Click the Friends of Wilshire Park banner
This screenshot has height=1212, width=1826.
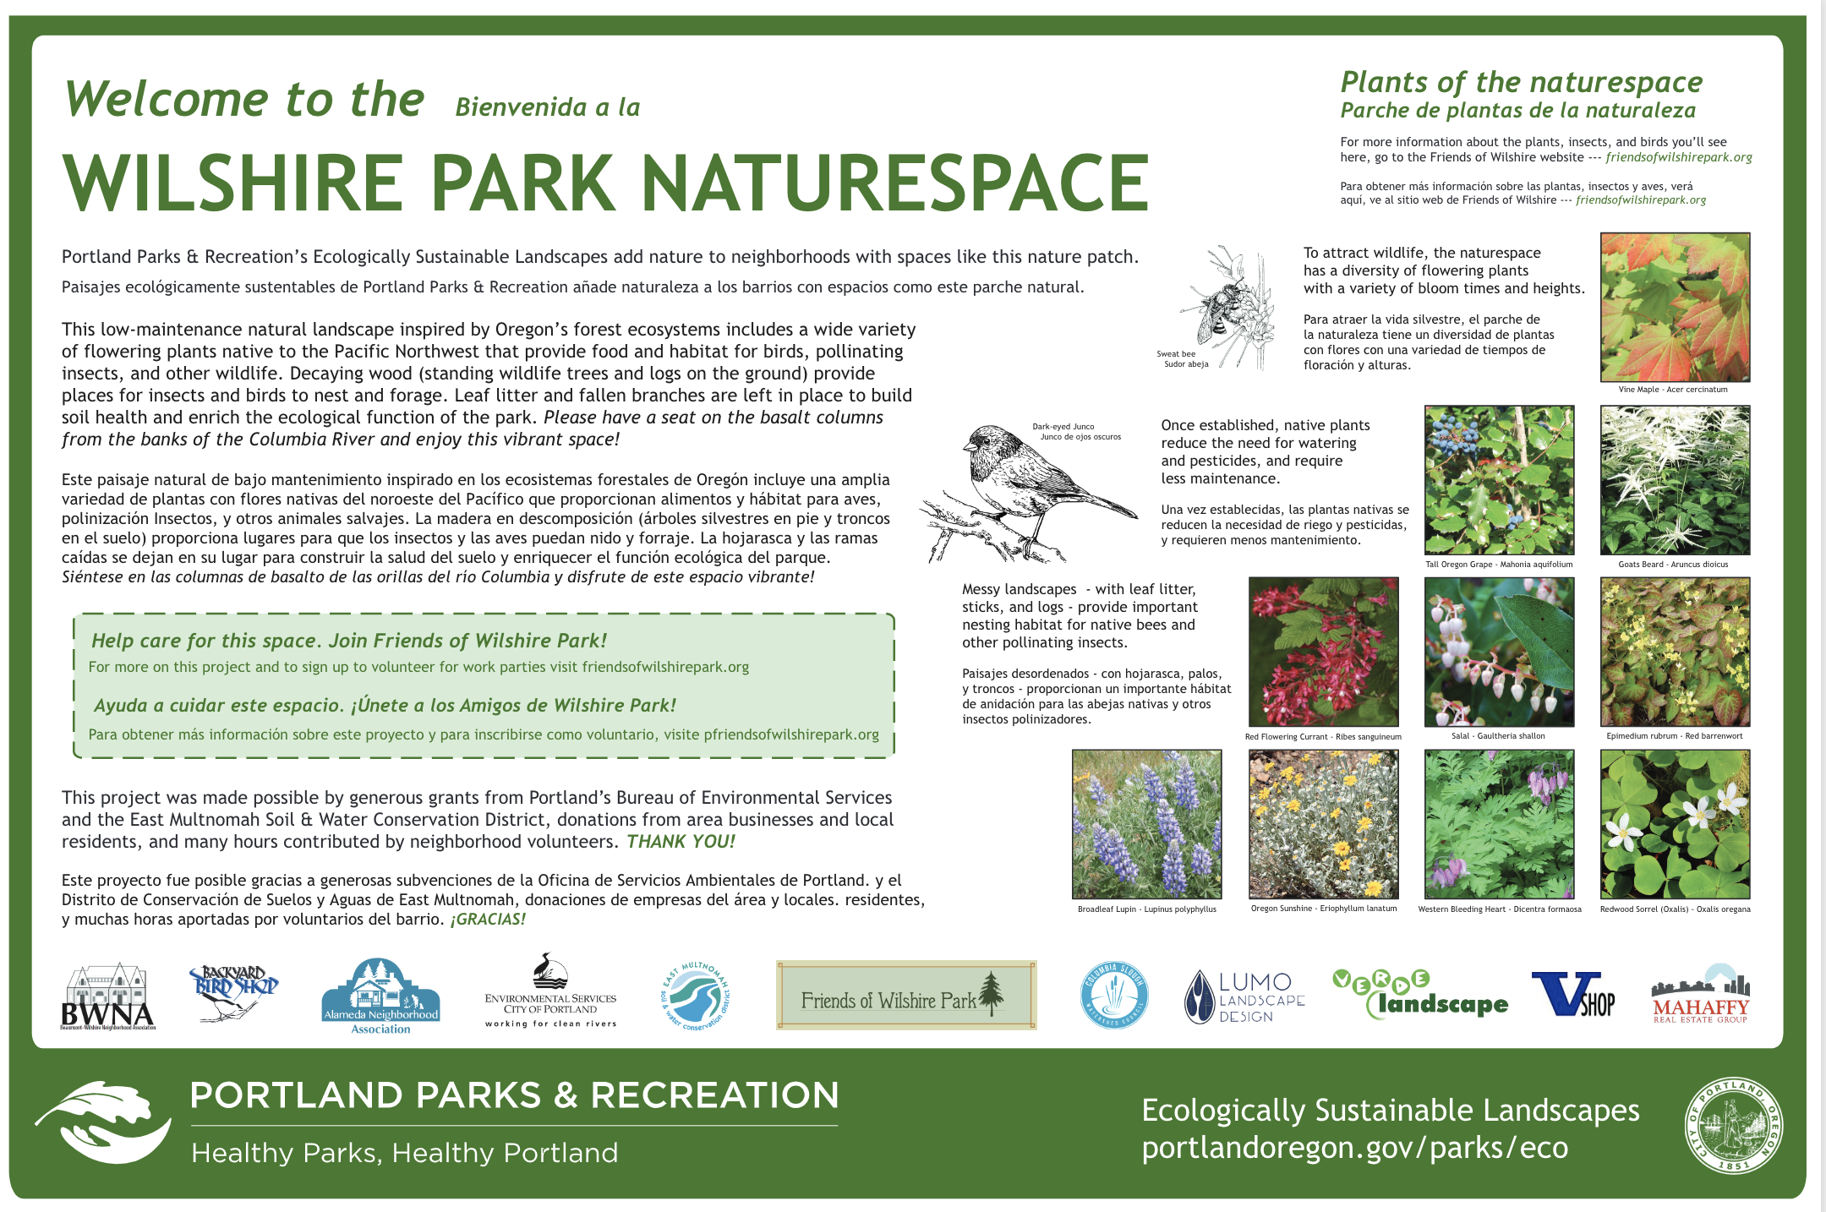[x=906, y=995]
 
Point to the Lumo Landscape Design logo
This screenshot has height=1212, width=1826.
[x=1244, y=996]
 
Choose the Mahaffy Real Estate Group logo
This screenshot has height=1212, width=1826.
[x=1701, y=995]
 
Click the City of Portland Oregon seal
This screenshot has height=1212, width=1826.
[x=1734, y=1125]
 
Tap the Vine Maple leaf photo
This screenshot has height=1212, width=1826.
[x=1675, y=307]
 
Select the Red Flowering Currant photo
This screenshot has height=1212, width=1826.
[x=1323, y=652]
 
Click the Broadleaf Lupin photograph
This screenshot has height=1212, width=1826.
[x=1146, y=824]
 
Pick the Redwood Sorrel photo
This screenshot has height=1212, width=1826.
[x=1675, y=824]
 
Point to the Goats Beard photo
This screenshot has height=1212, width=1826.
[x=1675, y=480]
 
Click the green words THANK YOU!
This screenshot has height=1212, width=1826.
[x=681, y=842]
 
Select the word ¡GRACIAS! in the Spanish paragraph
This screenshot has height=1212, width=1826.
[x=488, y=920]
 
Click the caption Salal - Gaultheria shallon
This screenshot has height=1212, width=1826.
[x=1498, y=736]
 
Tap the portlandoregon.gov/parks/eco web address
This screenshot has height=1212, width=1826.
[x=1355, y=1148]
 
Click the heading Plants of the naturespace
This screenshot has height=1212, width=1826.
[x=1522, y=82]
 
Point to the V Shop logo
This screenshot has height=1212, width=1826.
[x=1573, y=994]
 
